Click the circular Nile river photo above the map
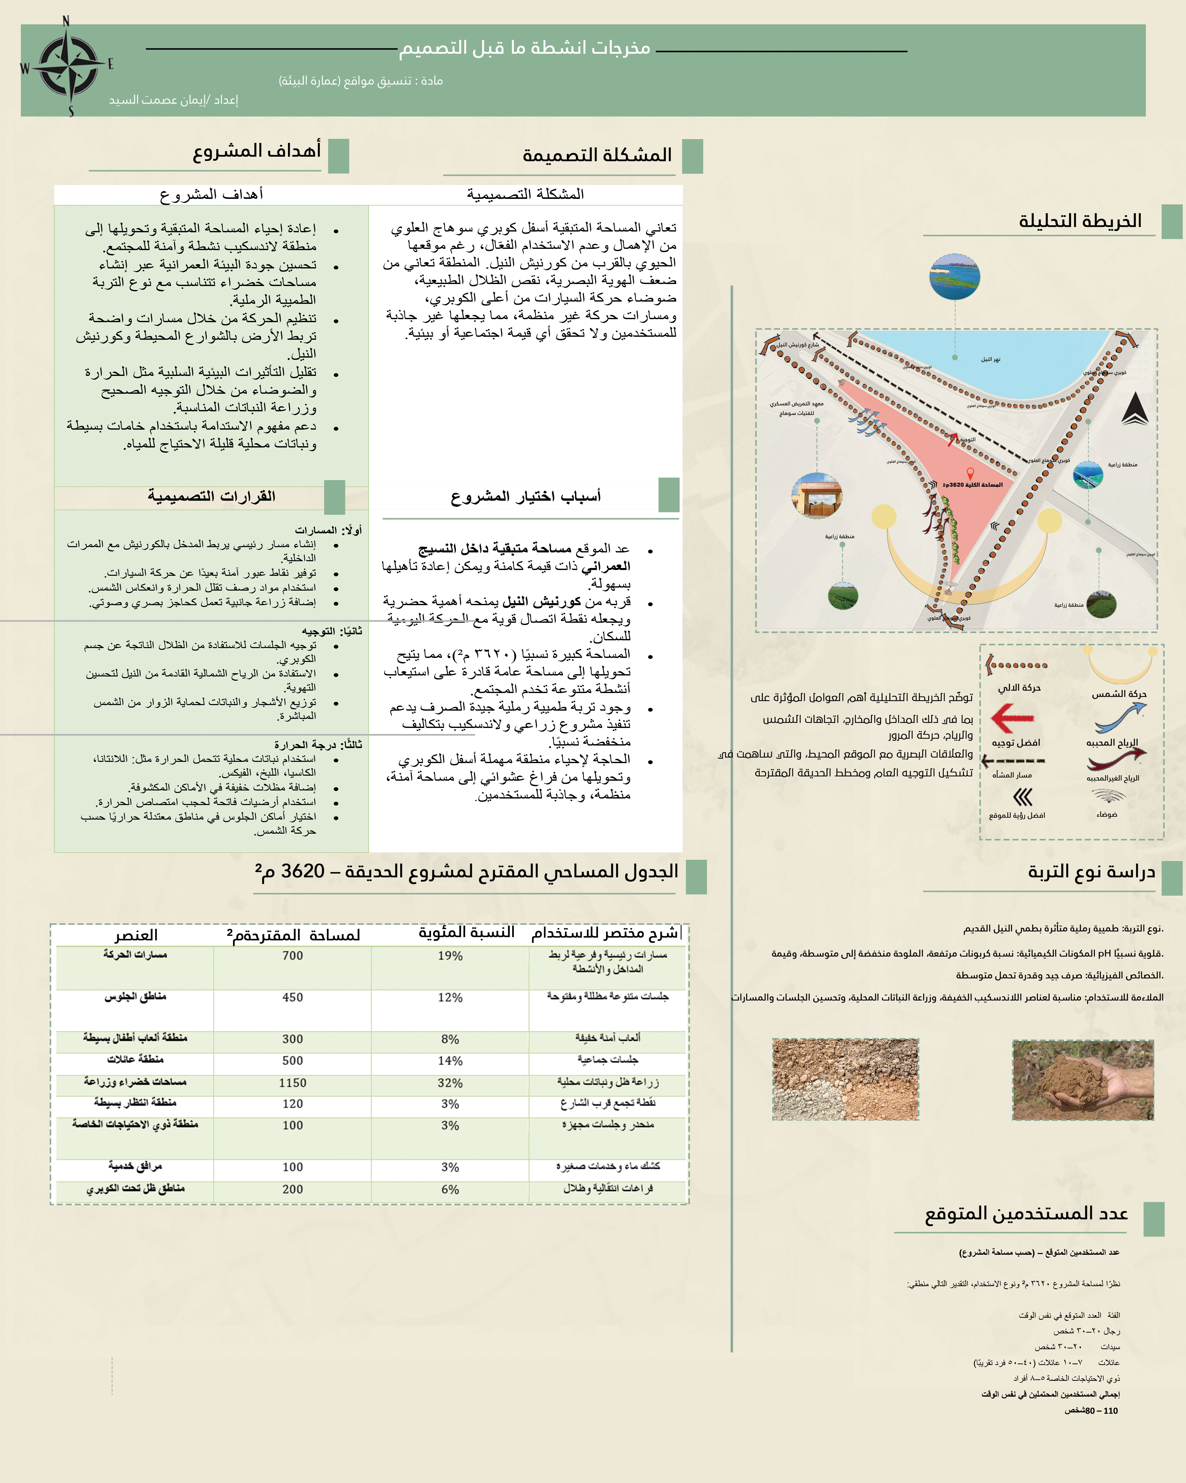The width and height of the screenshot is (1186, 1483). pyautogui.click(x=955, y=276)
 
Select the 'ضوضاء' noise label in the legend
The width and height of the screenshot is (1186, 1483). pyautogui.click(x=1107, y=814)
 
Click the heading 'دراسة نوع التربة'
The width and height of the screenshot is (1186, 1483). pyautogui.click(x=1091, y=872)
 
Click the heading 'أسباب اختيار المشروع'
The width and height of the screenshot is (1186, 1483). pyautogui.click(x=526, y=496)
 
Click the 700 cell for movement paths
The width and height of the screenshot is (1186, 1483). pyautogui.click(x=292, y=955)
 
